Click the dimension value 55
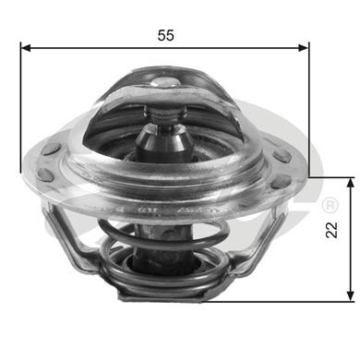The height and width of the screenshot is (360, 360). click(x=166, y=35)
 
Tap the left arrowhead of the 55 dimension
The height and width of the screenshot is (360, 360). click(x=26, y=46)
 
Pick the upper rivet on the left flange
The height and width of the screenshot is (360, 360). click(x=52, y=148)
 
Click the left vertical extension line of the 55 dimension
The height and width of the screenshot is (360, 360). click(x=20, y=111)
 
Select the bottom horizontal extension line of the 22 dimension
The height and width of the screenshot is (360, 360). click(x=277, y=300)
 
